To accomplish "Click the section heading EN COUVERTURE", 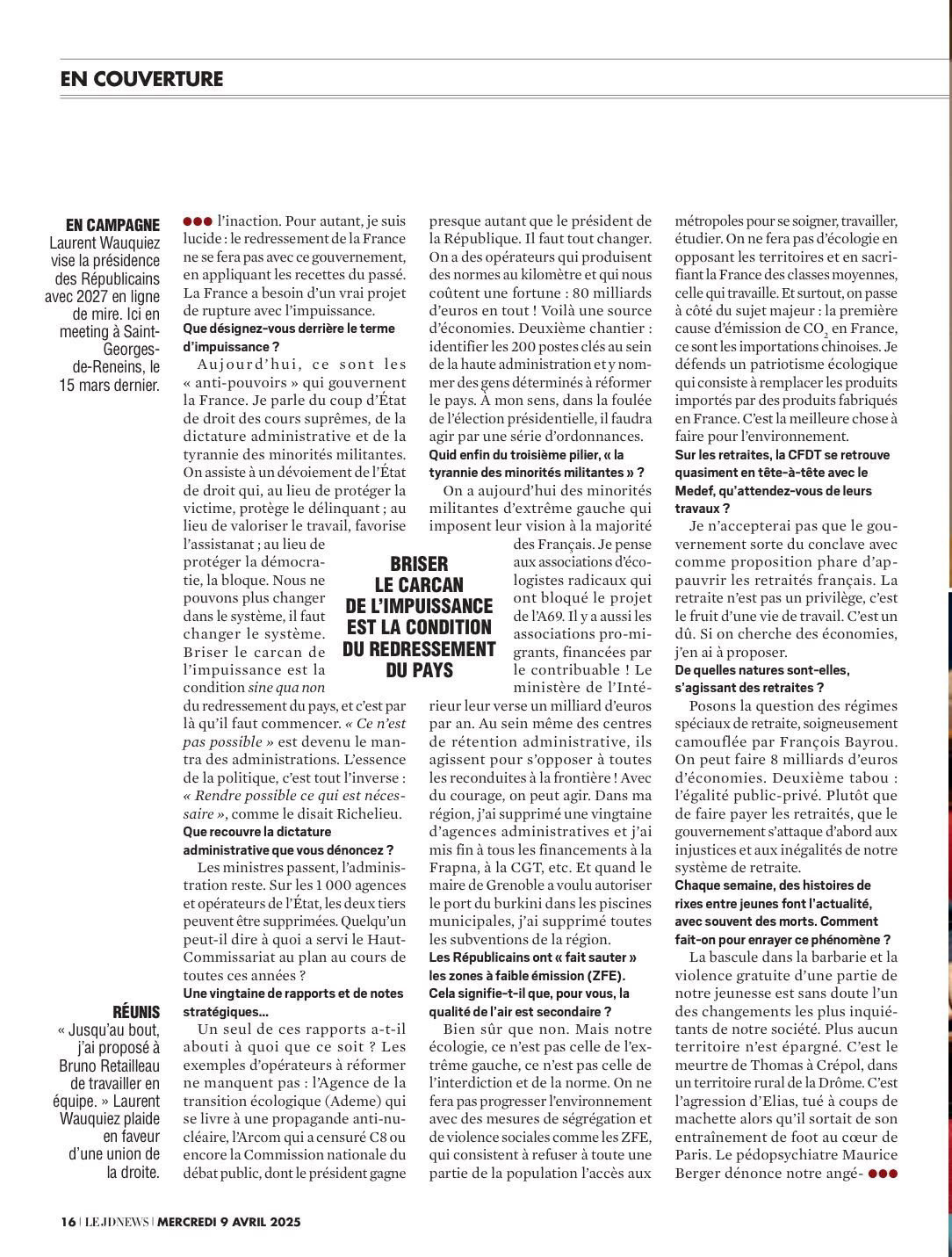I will [141, 79].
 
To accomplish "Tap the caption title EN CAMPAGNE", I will [113, 224].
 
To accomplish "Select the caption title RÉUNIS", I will [136, 1011].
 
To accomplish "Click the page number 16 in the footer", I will [68, 1221].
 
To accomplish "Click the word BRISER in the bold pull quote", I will [419, 563].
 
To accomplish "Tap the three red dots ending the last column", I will [883, 1173].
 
